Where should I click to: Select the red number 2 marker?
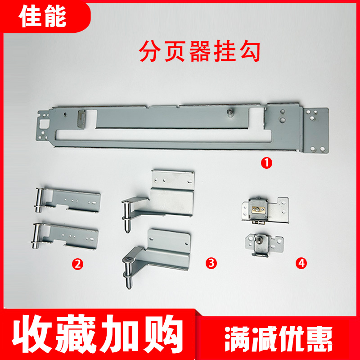pyautogui.click(x=79, y=264)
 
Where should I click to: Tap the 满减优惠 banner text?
pyautogui.click(x=279, y=336)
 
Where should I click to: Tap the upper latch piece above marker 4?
pyautogui.click(x=263, y=209)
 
